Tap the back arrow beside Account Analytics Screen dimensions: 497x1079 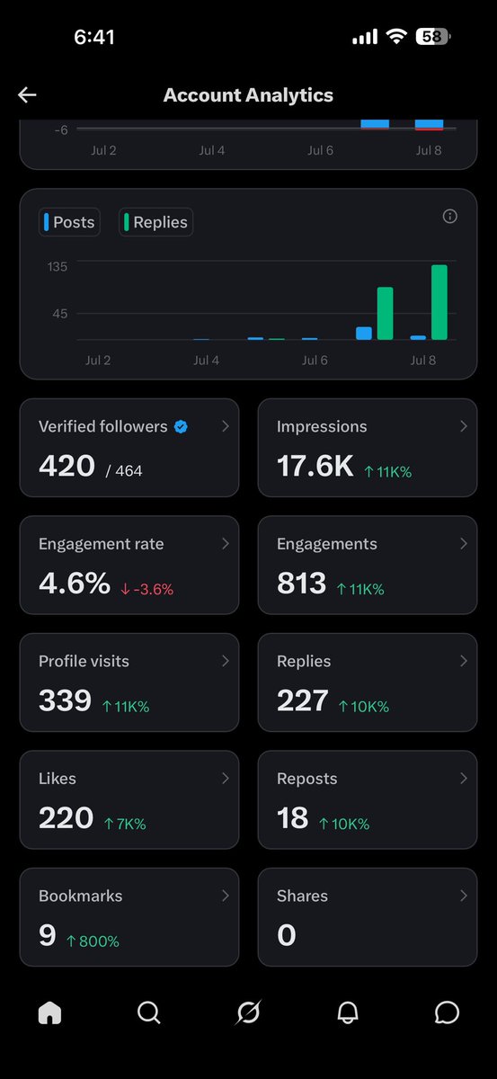(27, 95)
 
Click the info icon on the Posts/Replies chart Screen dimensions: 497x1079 (449, 217)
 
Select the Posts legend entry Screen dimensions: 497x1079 (69, 222)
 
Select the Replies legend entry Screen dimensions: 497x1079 (155, 222)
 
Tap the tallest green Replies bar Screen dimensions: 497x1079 (439, 302)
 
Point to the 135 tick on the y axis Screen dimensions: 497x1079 (58, 267)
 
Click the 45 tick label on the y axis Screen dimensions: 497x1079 (59, 314)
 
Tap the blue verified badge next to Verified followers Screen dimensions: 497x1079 (181, 426)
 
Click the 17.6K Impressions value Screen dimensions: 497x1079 (315, 466)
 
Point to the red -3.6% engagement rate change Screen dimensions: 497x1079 (146, 589)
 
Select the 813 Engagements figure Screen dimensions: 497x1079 (301, 583)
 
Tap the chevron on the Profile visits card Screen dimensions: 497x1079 (225, 661)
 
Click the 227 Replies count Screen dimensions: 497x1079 (303, 700)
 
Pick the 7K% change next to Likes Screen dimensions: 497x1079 (125, 824)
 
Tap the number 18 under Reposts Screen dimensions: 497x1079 (292, 817)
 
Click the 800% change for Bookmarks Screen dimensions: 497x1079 (93, 941)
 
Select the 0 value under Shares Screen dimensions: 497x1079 (287, 935)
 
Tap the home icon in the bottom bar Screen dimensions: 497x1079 (49, 1012)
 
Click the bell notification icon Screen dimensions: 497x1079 (347, 1012)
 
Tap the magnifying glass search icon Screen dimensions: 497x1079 (149, 1012)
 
